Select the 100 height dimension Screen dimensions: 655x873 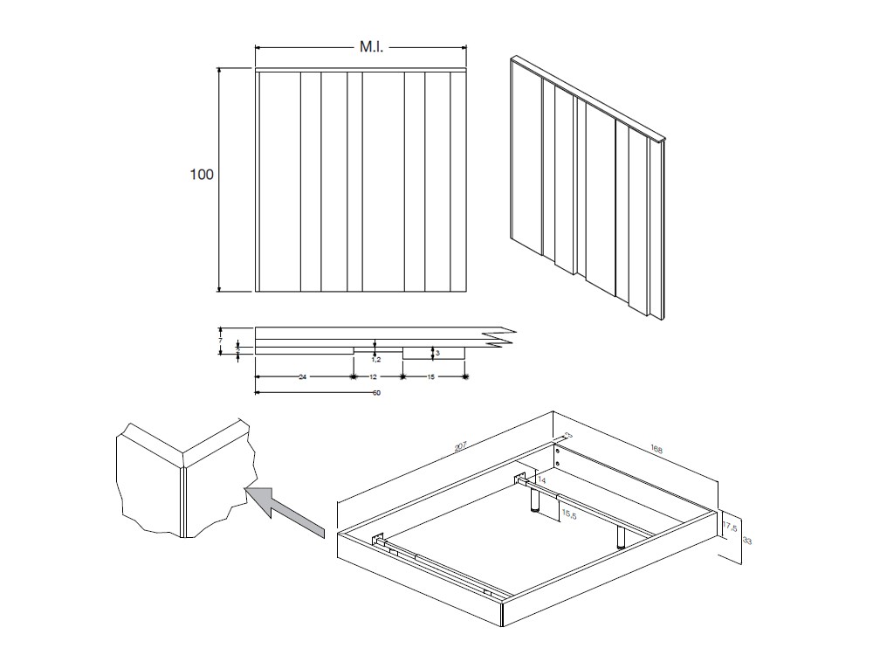point(202,175)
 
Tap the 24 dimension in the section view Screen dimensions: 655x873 point(302,377)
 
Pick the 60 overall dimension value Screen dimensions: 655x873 point(376,393)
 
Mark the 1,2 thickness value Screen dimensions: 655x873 point(376,358)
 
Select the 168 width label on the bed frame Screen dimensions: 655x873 point(656,451)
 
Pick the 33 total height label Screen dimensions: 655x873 point(746,541)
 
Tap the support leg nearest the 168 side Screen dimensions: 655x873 point(621,536)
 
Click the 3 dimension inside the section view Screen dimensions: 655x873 point(436,353)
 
